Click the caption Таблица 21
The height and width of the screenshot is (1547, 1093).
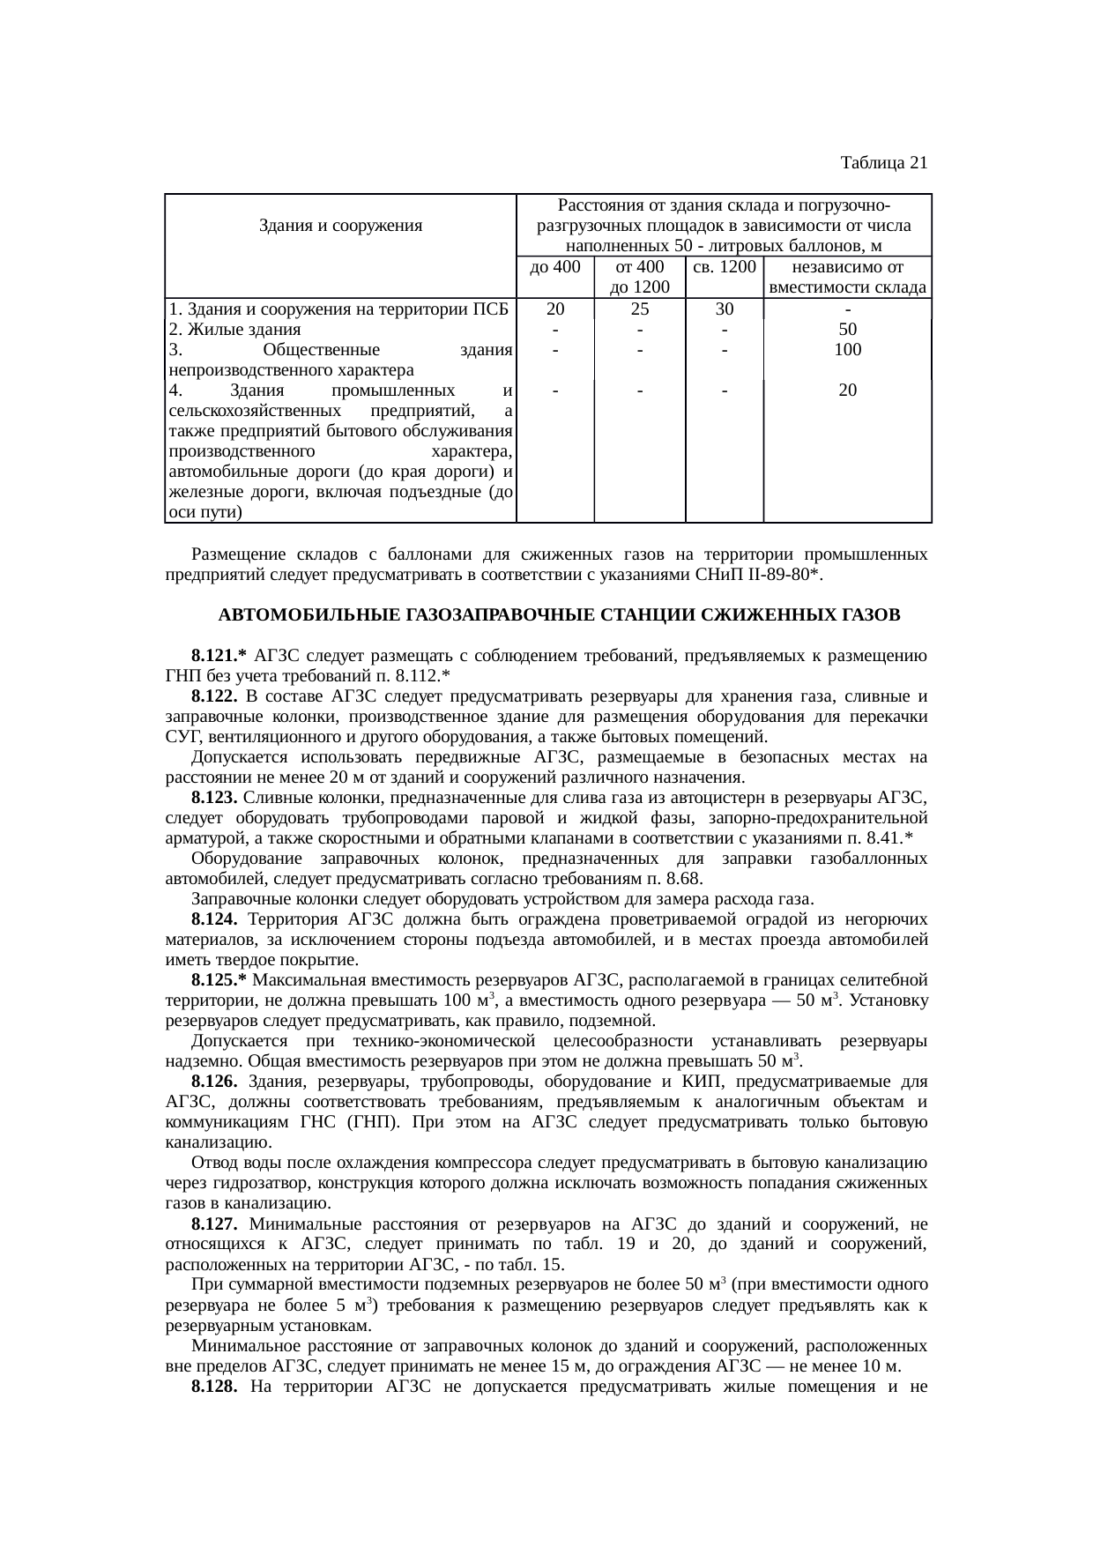click(x=883, y=163)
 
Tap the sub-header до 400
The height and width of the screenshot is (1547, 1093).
click(x=554, y=267)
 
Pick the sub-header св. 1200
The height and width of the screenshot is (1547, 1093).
click(x=724, y=267)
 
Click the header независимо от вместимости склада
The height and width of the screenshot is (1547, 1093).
click(x=847, y=277)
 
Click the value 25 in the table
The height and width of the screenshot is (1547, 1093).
click(x=640, y=309)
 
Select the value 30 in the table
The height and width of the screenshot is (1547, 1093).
click(x=724, y=309)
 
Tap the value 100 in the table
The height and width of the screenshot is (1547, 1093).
click(x=847, y=349)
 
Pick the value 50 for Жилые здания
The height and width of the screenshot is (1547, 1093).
click(x=847, y=330)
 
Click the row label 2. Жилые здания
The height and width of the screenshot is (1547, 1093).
click(x=234, y=330)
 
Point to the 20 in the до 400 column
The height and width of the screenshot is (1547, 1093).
click(x=554, y=309)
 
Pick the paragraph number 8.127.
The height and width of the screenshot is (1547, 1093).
click(x=214, y=1224)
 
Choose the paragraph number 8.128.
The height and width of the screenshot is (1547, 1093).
click(x=214, y=1387)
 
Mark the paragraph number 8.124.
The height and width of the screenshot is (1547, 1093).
click(x=214, y=920)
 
